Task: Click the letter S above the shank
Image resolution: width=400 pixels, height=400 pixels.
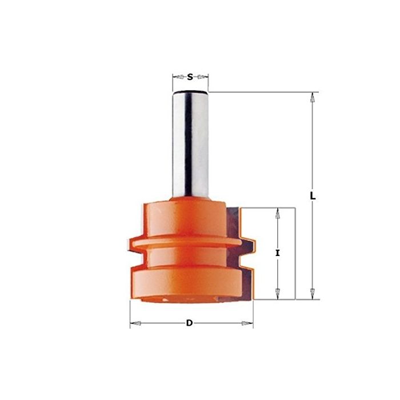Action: [190, 76]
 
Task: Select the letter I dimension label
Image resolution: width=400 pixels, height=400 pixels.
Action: [277, 252]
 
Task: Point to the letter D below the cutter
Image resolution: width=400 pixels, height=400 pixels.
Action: [189, 323]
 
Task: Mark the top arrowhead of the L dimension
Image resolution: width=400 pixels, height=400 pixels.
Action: [312, 97]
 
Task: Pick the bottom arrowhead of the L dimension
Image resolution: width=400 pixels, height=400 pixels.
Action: [312, 294]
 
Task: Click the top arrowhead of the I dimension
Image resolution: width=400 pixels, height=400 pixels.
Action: [278, 212]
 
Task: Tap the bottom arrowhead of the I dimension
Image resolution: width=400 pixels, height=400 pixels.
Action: [278, 294]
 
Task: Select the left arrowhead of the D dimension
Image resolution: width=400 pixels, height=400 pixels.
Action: [135, 324]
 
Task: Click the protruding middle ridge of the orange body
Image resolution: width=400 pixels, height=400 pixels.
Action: [189, 244]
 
